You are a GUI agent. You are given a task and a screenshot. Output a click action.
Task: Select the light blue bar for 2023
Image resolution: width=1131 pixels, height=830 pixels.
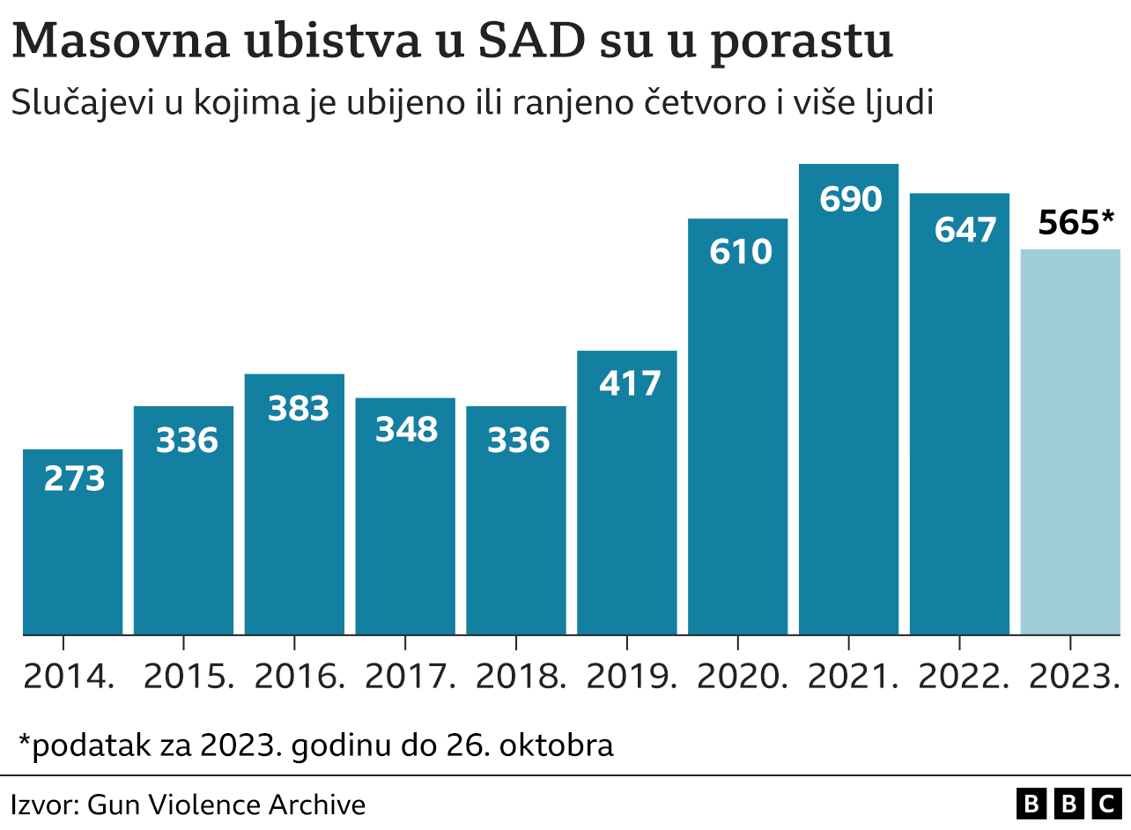[x=1070, y=441]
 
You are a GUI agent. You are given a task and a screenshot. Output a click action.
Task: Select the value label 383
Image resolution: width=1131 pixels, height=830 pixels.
[x=298, y=409]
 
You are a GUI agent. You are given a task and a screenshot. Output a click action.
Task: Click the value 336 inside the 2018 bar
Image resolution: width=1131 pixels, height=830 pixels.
[x=518, y=441]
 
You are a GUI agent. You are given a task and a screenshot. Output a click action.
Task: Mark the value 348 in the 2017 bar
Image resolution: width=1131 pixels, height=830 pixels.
[x=406, y=430]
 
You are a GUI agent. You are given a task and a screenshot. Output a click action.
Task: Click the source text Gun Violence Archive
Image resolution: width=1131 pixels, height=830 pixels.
[x=226, y=804]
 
